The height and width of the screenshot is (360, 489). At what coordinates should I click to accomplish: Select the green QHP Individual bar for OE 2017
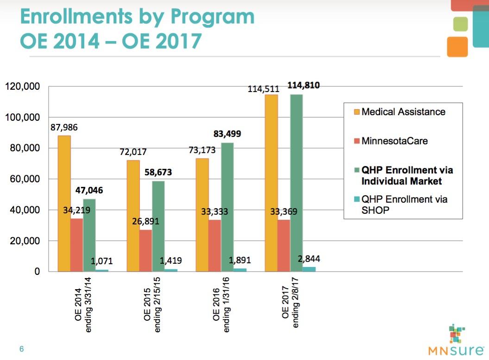296,183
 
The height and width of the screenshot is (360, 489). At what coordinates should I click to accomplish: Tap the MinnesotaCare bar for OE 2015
145,250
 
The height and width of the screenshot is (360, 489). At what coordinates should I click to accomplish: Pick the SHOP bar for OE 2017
309,269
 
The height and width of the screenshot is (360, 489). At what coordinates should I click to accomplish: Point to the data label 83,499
227,134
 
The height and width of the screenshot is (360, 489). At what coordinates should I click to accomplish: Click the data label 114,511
262,88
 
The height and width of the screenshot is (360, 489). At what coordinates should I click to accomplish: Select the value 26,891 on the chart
145,221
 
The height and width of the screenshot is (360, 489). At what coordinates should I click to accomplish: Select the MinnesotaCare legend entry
395,141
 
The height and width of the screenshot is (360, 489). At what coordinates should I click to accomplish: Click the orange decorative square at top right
457,46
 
